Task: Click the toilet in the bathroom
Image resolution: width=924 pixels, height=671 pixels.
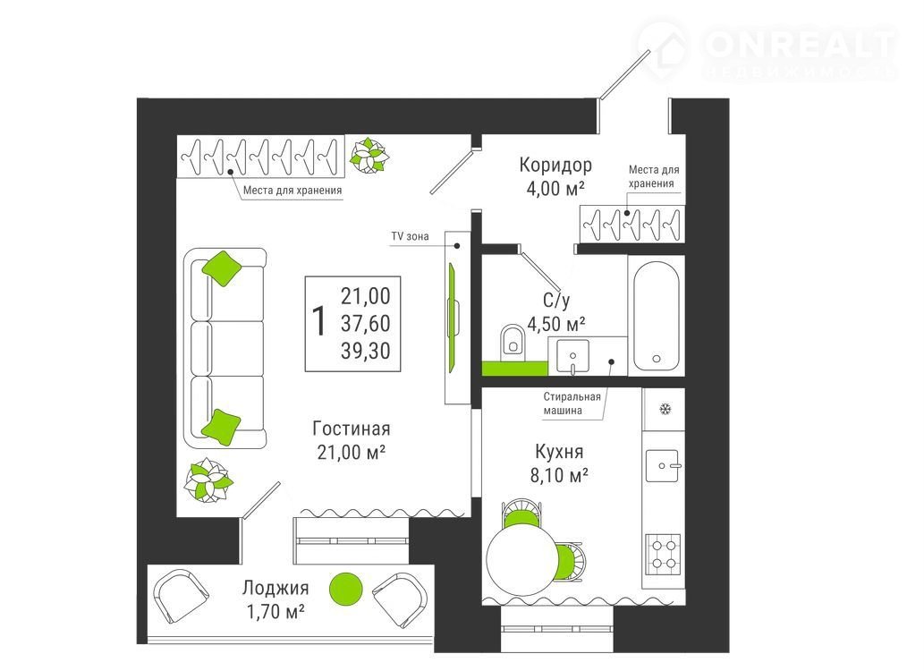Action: (513, 343)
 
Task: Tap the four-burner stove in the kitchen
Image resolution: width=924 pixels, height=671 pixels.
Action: (663, 555)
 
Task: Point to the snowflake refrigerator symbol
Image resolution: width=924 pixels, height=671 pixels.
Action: (665, 409)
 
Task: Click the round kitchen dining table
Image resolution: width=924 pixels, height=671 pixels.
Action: (522, 560)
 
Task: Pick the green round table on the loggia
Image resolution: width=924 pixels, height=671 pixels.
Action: (345, 589)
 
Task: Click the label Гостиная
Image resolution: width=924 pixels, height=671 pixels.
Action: (352, 429)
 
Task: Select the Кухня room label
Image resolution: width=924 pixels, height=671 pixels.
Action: (559, 452)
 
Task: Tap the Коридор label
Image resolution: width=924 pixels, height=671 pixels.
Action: (555, 166)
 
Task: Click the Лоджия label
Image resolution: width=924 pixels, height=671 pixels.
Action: (276, 588)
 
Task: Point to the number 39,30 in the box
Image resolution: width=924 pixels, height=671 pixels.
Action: (365, 351)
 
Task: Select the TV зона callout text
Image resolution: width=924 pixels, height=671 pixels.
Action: (411, 236)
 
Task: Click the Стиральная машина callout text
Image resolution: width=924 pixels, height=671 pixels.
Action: (572, 403)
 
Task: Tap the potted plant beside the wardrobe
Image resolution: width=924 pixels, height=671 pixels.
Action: (369, 156)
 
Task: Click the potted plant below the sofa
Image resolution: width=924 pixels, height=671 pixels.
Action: (208, 480)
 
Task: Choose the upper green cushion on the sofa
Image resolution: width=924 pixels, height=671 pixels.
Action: (222, 269)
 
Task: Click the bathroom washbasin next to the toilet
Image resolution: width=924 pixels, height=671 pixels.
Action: (572, 356)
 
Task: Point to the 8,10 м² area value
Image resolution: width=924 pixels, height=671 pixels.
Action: (559, 475)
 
